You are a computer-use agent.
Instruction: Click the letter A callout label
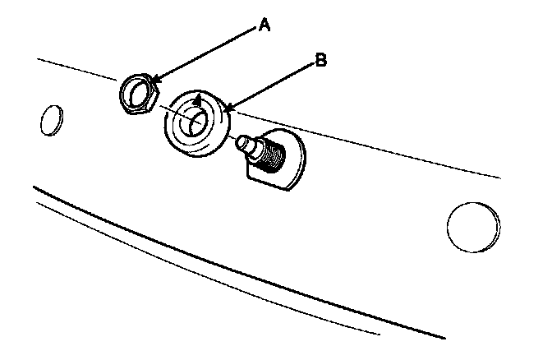pos(264,25)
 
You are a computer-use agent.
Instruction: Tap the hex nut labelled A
pos(137,92)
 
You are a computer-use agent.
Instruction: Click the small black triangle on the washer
pos(197,102)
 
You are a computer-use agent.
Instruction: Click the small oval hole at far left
pos(49,120)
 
